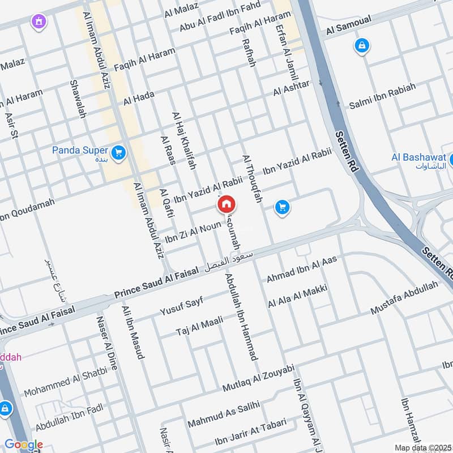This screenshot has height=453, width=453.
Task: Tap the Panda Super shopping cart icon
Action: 118,153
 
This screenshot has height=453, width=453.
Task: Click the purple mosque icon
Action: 39,22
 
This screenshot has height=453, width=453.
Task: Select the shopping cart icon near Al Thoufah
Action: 282,208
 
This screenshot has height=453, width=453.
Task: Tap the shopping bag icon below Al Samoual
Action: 361,45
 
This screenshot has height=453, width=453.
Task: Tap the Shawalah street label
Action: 78,99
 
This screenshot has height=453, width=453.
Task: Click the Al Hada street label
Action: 139,99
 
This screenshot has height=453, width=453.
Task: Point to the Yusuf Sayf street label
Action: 181,305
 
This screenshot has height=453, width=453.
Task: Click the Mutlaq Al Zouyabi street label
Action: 258,378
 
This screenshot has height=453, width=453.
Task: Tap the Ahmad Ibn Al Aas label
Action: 302,268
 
